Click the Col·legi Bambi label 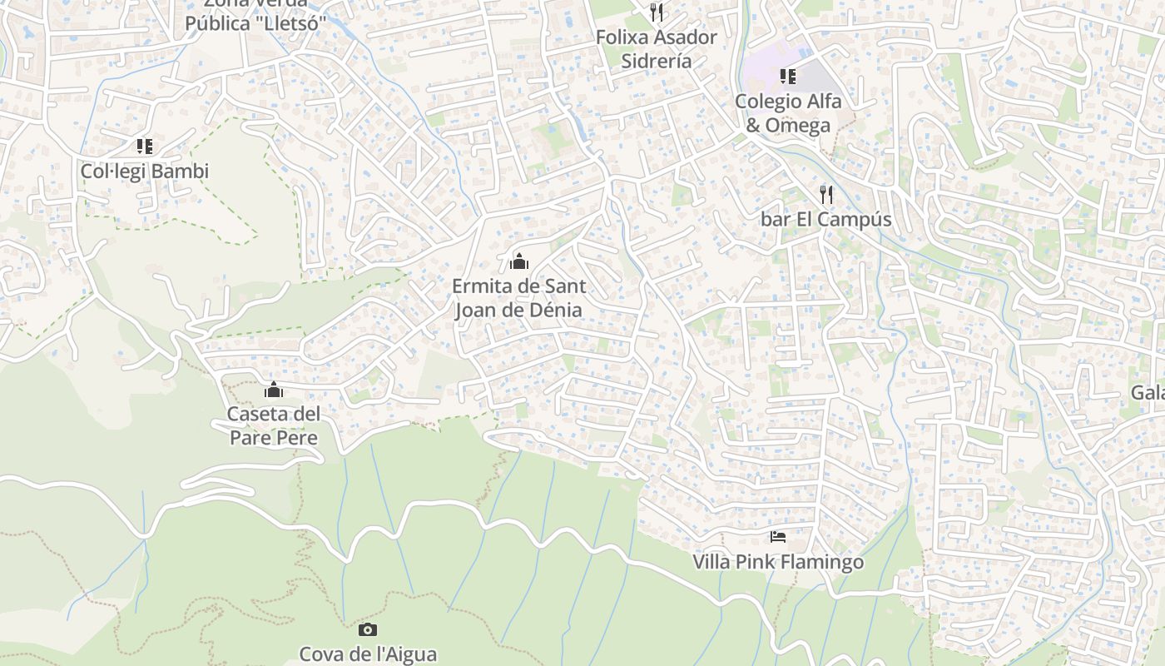click(144, 171)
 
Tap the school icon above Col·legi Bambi click(145, 147)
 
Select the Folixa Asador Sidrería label click(657, 49)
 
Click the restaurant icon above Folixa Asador click(657, 12)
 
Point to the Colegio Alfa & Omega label click(788, 113)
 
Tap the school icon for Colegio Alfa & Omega click(787, 77)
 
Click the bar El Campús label click(825, 220)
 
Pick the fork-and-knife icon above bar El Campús click(826, 195)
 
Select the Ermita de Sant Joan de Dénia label click(518, 298)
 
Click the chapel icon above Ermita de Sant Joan click(519, 261)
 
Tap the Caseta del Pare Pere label click(274, 425)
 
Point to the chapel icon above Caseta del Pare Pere click(274, 389)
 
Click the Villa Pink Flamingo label click(778, 563)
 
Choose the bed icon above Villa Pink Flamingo click(778, 537)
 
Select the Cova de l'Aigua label click(368, 654)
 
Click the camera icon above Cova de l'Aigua click(368, 630)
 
